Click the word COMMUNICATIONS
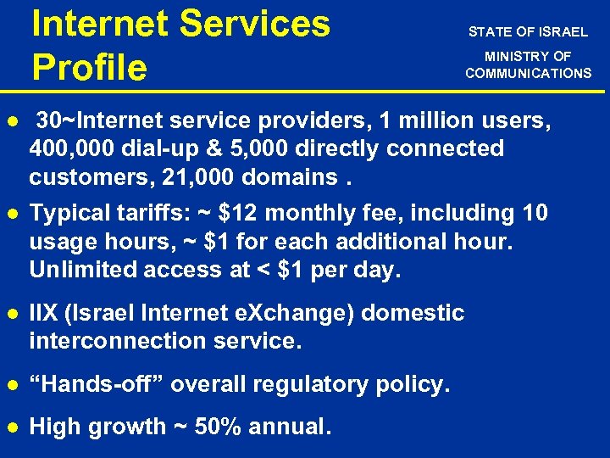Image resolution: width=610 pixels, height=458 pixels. click(x=528, y=73)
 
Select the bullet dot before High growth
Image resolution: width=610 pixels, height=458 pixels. click(x=11, y=427)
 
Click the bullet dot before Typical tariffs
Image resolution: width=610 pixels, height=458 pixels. click(x=11, y=213)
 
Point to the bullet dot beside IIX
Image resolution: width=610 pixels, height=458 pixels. click(x=11, y=313)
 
